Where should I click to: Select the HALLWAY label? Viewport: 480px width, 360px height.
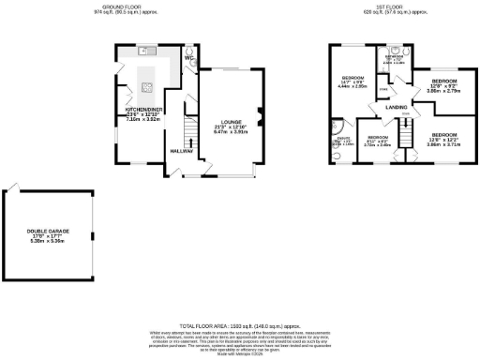pyautogui.click(x=181, y=150)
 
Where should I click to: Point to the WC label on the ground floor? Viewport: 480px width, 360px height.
pyautogui.click(x=188, y=58)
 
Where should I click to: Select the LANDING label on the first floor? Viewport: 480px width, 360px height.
pyautogui.click(x=395, y=108)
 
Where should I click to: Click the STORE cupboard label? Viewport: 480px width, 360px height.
pyautogui.click(x=382, y=90)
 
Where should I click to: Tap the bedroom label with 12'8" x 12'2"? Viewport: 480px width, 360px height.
pyautogui.click(x=442, y=135)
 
